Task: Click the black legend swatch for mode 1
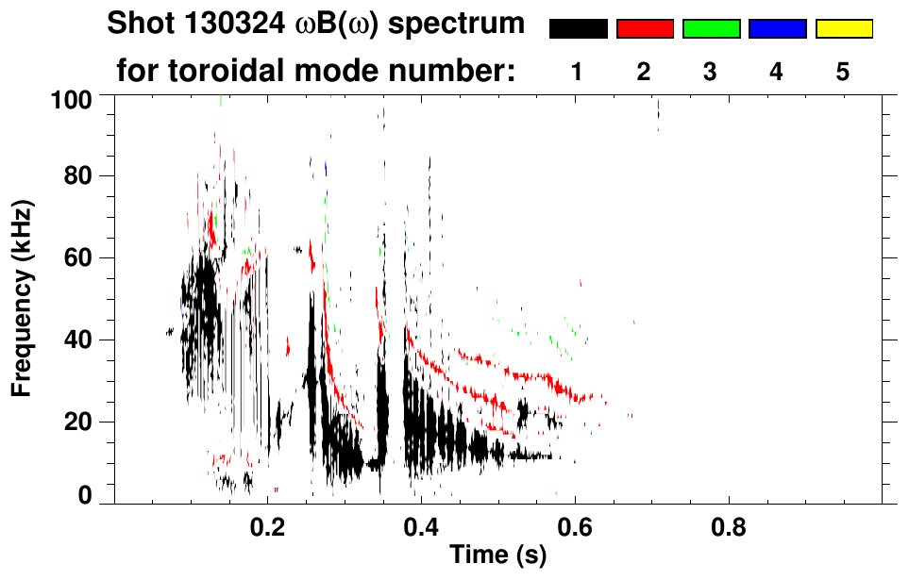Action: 578,29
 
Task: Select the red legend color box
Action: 645,29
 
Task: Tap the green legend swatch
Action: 711,29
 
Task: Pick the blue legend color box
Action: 777,29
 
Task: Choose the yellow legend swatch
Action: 844,29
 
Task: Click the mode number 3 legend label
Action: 711,72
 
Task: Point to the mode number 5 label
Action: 843,72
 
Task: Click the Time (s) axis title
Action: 497,557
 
